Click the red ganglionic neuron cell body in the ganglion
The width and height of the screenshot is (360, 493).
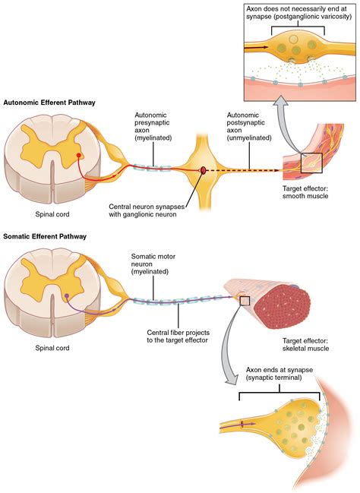pyautogui.click(x=203, y=170)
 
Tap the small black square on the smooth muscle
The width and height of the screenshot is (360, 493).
pyautogui.click(x=311, y=163)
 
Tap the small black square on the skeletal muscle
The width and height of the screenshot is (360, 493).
pyautogui.click(x=245, y=301)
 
